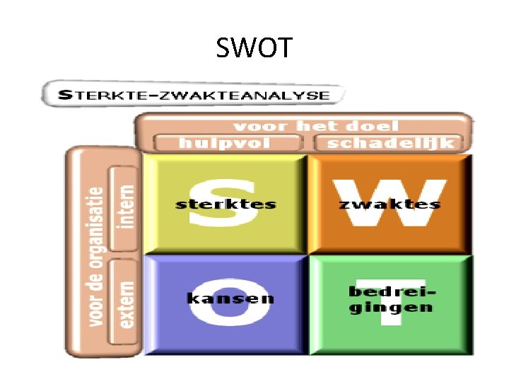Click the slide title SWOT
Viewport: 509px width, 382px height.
254,49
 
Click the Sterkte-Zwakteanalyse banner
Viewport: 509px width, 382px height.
193,95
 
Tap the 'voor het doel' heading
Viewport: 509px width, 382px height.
315,127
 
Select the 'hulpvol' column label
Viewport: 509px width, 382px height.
225,143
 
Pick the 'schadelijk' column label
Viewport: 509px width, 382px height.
391,143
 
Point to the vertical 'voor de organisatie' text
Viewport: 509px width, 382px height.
95,255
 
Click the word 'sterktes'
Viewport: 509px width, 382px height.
226,205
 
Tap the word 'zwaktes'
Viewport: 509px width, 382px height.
390,205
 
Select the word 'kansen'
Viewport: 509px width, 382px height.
230,299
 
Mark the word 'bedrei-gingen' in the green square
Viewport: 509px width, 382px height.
391,300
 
